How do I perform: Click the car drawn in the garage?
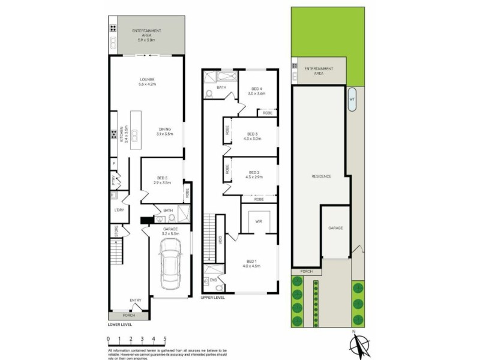(x=171, y=264)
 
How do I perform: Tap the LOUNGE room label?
(x=148, y=79)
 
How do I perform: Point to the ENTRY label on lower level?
(x=136, y=301)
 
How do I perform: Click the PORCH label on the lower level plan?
(x=129, y=315)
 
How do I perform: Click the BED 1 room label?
(x=251, y=261)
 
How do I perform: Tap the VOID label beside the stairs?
(x=220, y=239)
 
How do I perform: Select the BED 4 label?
(x=257, y=89)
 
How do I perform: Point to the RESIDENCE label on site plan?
(x=321, y=176)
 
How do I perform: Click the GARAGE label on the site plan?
(x=335, y=228)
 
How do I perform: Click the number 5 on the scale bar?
(x=165, y=339)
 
